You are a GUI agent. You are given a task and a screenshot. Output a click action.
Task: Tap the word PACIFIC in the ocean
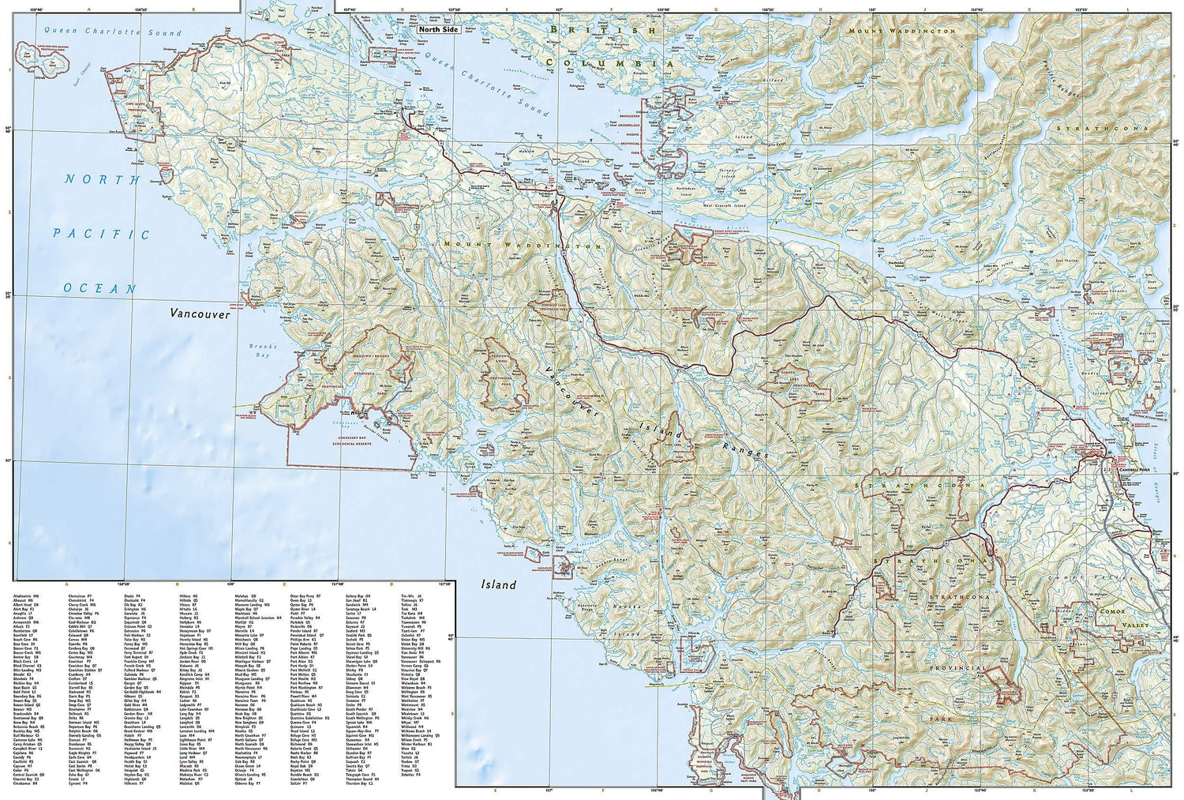102,234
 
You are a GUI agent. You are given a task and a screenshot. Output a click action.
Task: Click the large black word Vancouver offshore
200,314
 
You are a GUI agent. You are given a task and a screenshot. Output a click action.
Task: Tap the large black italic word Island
499,585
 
